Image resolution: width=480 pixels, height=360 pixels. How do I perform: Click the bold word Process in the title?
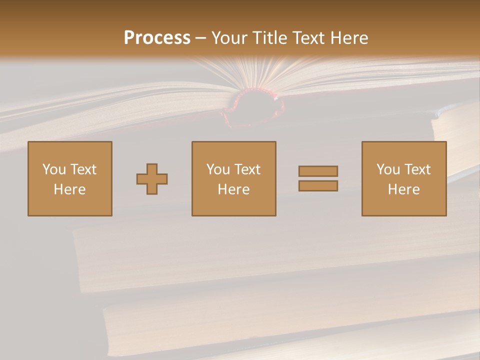click(157, 38)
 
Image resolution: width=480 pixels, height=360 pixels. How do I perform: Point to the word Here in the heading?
click(348, 38)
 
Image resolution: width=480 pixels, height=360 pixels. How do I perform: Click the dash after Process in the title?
click(200, 38)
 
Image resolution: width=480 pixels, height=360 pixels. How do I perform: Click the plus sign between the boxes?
click(152, 179)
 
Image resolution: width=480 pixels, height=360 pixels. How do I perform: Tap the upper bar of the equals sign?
click(318, 171)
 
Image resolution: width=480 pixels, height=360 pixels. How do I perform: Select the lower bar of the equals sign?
click(318, 185)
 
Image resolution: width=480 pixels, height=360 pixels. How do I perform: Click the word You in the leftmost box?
click(54, 169)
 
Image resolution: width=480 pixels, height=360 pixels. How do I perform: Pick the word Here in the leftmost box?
click(69, 189)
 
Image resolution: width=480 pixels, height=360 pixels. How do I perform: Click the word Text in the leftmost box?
click(82, 169)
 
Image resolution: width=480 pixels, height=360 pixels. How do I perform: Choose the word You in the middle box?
click(218, 169)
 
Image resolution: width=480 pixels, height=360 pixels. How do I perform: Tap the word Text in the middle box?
click(246, 169)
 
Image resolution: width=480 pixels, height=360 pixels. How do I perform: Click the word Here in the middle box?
click(233, 189)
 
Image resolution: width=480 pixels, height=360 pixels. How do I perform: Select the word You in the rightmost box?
click(388, 169)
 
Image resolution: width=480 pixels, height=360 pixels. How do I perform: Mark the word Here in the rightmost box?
click(403, 189)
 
